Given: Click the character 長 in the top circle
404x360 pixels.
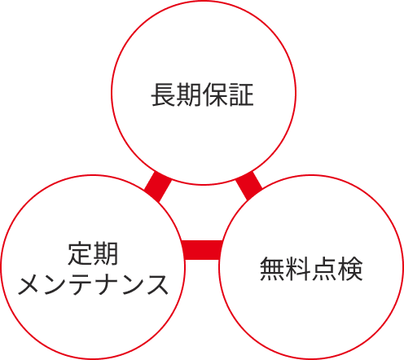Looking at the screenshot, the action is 164,94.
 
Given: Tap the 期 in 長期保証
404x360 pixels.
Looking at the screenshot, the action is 189,94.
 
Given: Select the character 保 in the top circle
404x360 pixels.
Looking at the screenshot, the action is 215,94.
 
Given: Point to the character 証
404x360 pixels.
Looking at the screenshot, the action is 241,94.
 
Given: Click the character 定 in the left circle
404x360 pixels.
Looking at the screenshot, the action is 80,253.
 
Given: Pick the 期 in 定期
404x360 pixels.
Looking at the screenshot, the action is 106,253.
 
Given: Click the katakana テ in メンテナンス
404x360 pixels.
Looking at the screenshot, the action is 81,284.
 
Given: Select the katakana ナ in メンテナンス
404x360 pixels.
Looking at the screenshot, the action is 108,284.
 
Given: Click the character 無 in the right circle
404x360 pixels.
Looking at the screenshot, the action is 272,269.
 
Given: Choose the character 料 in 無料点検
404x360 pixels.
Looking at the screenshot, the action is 298,269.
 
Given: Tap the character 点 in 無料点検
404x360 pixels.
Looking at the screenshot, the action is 324,269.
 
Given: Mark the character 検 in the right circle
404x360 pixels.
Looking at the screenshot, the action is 350,269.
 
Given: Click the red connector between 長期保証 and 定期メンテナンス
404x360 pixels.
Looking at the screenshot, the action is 158,187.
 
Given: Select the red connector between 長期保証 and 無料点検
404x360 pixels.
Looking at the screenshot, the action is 249,186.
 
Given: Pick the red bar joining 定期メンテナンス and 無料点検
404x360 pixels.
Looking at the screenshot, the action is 201,250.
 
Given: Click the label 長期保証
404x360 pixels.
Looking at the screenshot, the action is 203,94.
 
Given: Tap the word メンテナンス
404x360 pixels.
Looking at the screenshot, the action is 93,284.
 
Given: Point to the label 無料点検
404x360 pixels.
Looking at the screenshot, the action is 311,269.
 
